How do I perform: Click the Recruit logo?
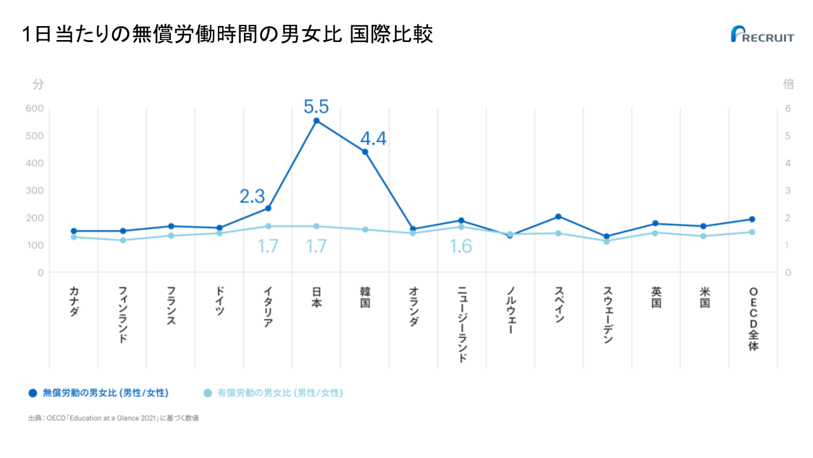click(762, 34)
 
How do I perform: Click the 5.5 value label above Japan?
click(316, 106)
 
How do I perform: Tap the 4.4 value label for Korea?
click(373, 139)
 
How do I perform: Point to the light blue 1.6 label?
click(461, 246)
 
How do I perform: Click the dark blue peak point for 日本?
click(316, 121)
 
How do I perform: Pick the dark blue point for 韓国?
click(365, 152)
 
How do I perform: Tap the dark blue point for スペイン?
click(558, 217)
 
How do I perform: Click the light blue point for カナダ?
click(74, 237)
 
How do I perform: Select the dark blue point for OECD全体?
click(752, 219)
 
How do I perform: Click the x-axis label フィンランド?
click(123, 315)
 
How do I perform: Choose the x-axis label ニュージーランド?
click(462, 324)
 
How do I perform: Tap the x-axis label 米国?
click(704, 297)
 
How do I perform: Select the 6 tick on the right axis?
click(788, 109)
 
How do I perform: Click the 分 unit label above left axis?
click(38, 84)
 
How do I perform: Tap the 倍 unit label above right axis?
click(788, 84)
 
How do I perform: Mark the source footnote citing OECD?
click(114, 418)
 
